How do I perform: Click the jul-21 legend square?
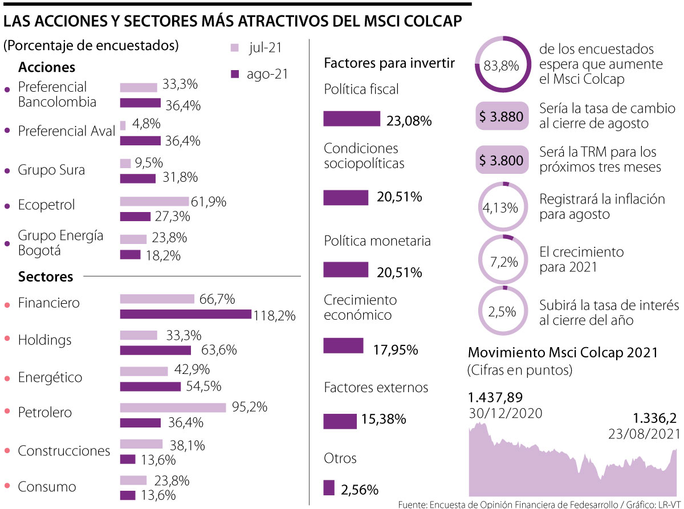[234, 48]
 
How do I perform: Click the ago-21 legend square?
[234, 74]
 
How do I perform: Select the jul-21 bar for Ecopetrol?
[154, 201]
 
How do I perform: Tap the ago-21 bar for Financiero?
[185, 314]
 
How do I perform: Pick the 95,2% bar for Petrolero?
[173, 408]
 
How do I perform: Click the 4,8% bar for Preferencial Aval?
[123, 125]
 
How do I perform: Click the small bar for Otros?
[329, 488]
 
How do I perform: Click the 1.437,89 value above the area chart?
[495, 397]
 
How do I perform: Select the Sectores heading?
[46, 277]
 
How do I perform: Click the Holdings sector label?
[45, 340]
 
